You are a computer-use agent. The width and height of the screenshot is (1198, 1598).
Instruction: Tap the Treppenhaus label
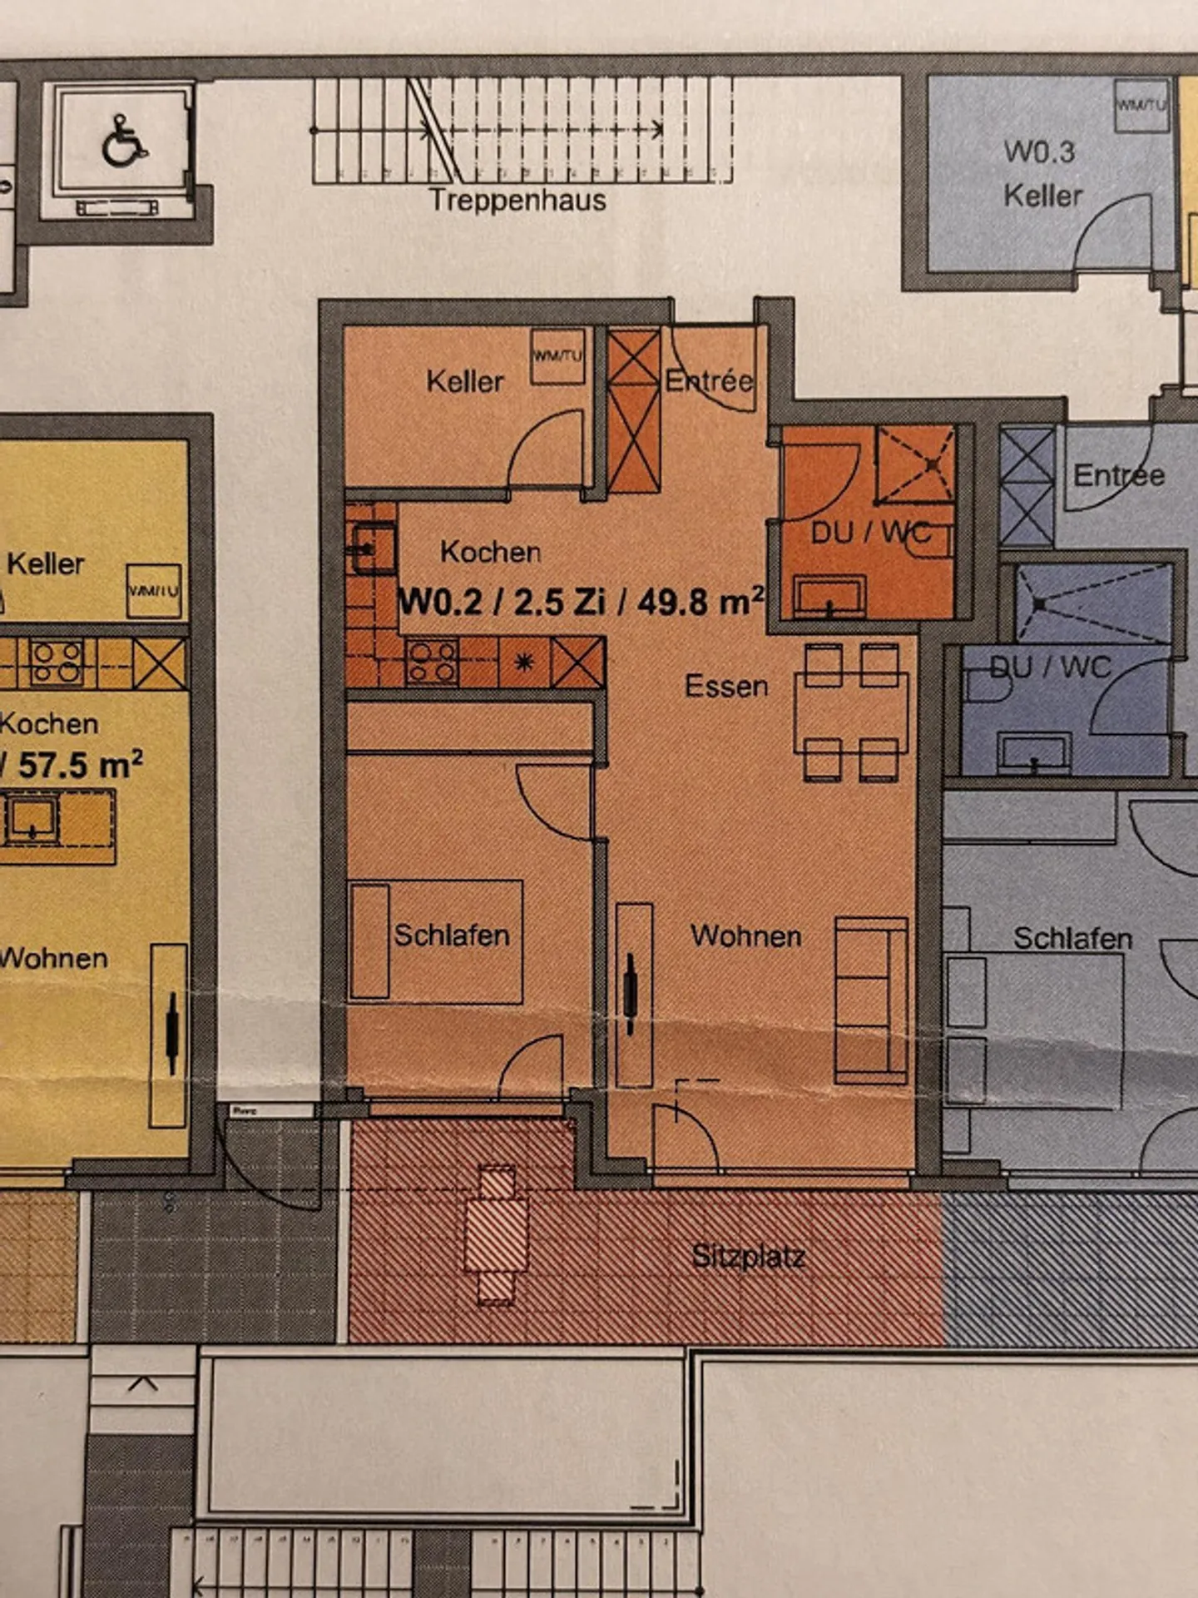517,201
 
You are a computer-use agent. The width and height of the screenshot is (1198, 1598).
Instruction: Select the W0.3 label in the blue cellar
1039,151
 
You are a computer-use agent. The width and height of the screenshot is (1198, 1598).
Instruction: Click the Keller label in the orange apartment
465,382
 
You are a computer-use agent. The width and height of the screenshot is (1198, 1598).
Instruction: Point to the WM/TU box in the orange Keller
557,356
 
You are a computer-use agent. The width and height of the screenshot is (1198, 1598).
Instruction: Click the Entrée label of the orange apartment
710,381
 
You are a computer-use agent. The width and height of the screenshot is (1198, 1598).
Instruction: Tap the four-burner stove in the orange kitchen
432,662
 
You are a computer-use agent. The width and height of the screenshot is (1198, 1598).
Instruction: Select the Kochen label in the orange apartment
491,552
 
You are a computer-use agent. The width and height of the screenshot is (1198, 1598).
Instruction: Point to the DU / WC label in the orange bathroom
870,532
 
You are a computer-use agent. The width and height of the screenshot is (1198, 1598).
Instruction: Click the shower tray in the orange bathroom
915,464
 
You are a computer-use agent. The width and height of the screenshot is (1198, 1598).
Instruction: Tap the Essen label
726,687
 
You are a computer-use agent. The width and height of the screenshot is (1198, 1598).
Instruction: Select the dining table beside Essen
850,713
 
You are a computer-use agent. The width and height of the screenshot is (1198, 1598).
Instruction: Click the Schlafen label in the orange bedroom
451,935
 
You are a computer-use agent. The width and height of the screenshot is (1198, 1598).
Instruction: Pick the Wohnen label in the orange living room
746,936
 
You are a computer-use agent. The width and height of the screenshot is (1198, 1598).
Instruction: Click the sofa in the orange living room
871,1000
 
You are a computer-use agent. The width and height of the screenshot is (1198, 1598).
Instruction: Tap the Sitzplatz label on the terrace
749,1255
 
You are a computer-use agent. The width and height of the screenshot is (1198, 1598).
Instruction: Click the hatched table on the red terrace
497,1234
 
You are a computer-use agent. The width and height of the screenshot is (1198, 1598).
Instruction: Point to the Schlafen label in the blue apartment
1072,939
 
